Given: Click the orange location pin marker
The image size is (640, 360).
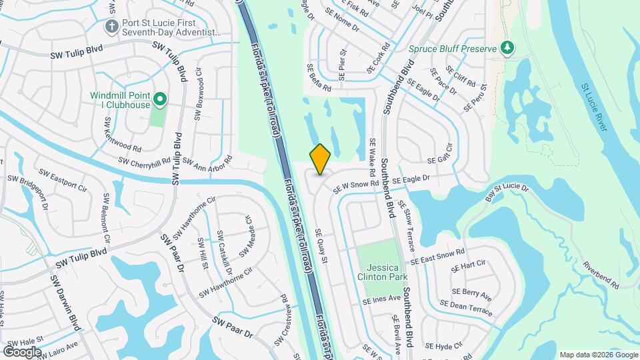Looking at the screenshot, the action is click(320, 159).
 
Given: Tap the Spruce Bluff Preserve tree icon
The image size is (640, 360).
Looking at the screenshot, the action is click(507, 48).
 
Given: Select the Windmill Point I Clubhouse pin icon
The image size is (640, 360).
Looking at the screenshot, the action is click(159, 100).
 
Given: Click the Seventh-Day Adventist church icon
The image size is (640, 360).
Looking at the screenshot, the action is click(111, 26).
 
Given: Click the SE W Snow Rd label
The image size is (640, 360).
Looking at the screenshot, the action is click(356, 186).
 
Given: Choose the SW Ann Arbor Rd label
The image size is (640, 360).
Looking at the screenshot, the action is click(207, 162).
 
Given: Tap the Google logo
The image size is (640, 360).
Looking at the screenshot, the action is click(22, 351).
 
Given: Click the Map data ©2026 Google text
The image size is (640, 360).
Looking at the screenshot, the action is click(597, 355).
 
